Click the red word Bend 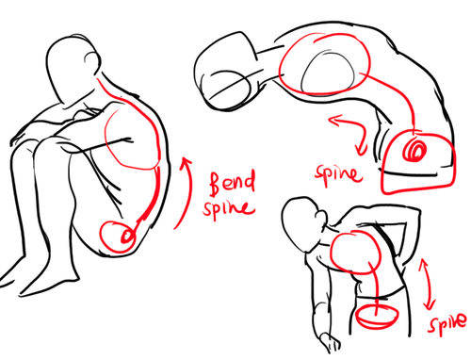coord(233,183)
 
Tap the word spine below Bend coord(229,208)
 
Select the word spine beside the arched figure coord(338,174)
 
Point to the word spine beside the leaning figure coord(447,323)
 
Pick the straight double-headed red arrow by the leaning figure coord(427,284)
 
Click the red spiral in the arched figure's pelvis coord(414,151)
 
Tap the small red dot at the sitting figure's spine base coord(127,237)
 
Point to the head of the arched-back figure coord(226,72)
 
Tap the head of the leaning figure coord(303,223)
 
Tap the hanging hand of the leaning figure coord(330,342)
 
